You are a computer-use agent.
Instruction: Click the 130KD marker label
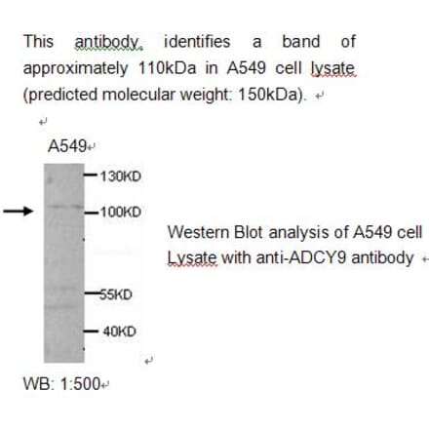coord(121,176)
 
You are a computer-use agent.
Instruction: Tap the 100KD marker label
coord(121,211)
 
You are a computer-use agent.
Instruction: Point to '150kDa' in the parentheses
coord(275,95)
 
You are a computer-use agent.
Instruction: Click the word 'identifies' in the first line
coord(197,42)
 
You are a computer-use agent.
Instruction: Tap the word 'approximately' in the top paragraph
coord(72,69)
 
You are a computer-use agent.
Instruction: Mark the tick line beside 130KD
coord(91,176)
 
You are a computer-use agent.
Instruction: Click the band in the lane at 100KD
coord(63,209)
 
